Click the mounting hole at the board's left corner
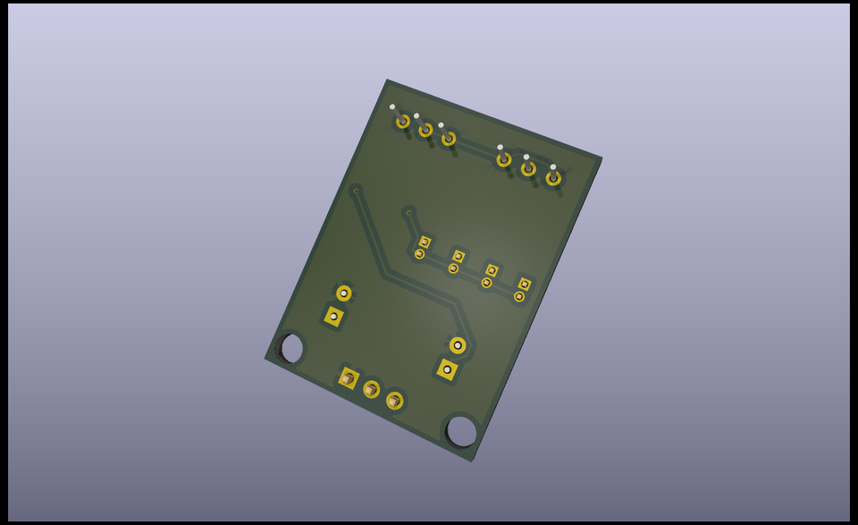pyautogui.click(x=291, y=348)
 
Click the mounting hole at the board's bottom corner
pyautogui.click(x=461, y=431)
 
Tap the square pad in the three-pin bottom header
pyautogui.click(x=348, y=378)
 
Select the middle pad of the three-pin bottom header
pyautogui.click(x=371, y=389)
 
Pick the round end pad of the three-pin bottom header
pyautogui.click(x=394, y=401)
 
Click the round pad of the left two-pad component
pyautogui.click(x=344, y=292)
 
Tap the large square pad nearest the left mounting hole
pyautogui.click(x=333, y=317)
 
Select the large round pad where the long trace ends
pyautogui.click(x=458, y=345)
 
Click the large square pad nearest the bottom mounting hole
pyautogui.click(x=447, y=369)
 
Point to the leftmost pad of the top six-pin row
pyautogui.click(x=403, y=121)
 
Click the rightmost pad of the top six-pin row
pyautogui.click(x=553, y=178)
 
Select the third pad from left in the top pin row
pyautogui.click(x=449, y=139)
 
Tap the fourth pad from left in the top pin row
pyautogui.click(x=504, y=159)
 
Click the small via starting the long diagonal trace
pyautogui.click(x=356, y=191)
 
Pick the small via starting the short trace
pyautogui.click(x=408, y=212)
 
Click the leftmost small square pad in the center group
pyautogui.click(x=425, y=241)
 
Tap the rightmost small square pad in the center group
pyautogui.click(x=525, y=284)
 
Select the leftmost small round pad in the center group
pyautogui.click(x=419, y=254)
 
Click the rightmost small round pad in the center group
pyautogui.click(x=519, y=297)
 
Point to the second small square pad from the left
pyautogui.click(x=458, y=256)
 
